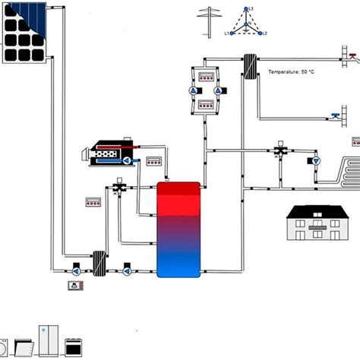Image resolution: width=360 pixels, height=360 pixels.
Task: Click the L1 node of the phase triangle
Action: point(230,33)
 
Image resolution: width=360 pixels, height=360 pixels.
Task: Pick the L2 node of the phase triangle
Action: point(261,33)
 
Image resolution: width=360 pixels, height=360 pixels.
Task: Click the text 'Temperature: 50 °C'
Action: point(292,72)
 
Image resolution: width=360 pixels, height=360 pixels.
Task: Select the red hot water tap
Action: point(350,55)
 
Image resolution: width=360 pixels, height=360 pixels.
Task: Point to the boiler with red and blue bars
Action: point(111,152)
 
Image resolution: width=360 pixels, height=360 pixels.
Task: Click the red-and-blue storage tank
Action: point(178,229)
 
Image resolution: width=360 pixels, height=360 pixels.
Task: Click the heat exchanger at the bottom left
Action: point(98,263)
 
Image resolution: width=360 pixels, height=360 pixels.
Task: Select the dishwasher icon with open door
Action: point(24,346)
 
